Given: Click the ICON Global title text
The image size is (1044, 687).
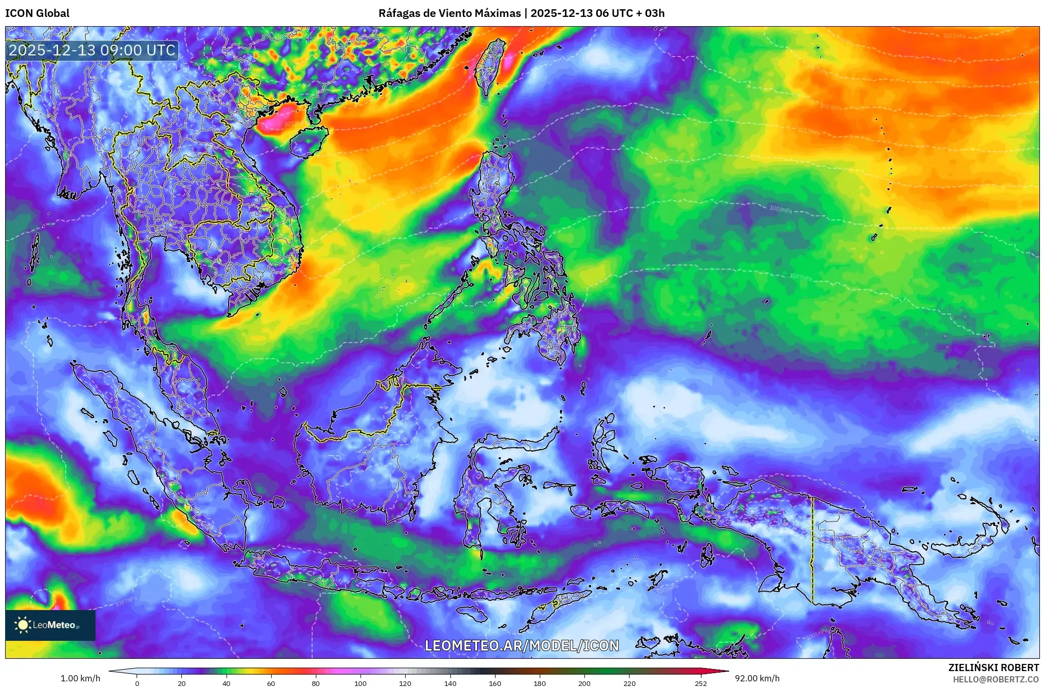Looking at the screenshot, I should (37, 13).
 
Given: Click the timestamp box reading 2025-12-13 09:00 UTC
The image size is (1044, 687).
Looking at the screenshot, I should (92, 50).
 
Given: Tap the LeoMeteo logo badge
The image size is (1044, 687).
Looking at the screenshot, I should (50, 625).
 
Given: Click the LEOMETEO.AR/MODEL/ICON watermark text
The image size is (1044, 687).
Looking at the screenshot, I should (522, 645).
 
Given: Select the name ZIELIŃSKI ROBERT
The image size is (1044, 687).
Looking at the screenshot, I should (993, 668).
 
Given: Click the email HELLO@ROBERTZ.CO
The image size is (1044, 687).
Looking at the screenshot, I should (996, 679).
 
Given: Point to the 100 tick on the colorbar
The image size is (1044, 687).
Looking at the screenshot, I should (360, 683).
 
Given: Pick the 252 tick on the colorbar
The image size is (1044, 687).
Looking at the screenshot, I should (700, 683).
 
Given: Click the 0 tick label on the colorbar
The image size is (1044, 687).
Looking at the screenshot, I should (137, 683).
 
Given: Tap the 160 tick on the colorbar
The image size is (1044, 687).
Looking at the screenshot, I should (495, 683).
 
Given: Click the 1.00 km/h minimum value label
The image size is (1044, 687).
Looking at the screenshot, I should (80, 678).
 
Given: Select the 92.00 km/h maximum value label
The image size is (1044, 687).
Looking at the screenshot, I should (757, 678).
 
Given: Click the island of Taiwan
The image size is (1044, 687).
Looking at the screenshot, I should (490, 64).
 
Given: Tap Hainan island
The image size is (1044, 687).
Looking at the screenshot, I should (307, 142).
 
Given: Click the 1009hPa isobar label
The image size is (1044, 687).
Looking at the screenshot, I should (781, 209).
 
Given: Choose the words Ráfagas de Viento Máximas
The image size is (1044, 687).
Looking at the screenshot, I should (449, 13).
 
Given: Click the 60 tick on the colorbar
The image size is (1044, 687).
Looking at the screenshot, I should (271, 683).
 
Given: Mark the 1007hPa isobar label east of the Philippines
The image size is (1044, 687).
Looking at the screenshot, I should (801, 277).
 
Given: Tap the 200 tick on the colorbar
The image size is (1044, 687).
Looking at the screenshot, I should (584, 683).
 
